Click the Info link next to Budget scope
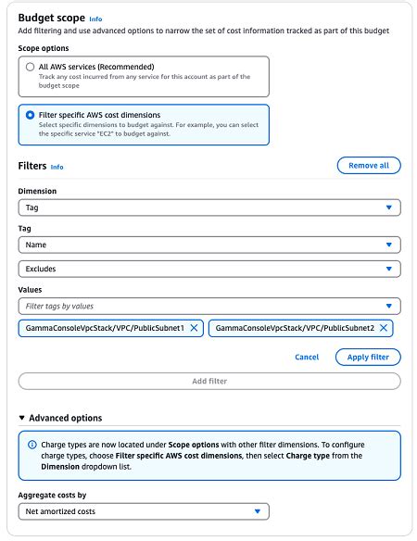pos(95,18)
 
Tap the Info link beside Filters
pos(57,167)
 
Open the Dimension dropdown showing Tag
pos(209,208)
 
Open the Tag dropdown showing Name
pos(209,245)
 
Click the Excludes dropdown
pos(209,269)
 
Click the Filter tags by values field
pos(209,306)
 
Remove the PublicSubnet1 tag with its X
pos(194,328)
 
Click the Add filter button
pos(209,381)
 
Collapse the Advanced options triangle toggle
pos(23,418)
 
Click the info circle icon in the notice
pos(32,446)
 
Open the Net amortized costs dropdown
pos(144,511)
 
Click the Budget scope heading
pos(51,17)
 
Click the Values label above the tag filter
pos(31,288)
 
